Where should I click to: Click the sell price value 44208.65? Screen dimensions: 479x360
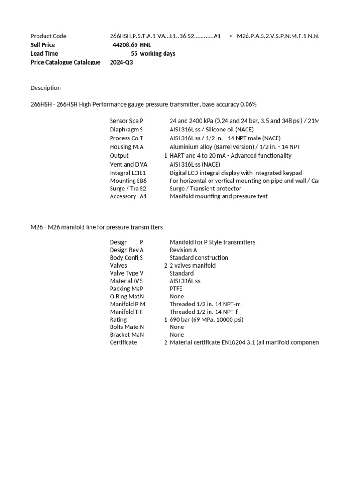(x=125, y=45)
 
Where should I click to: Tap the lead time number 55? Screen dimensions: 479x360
(x=134, y=54)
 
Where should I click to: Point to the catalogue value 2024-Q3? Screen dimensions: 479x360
(x=121, y=62)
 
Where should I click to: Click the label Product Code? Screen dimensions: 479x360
(x=48, y=36)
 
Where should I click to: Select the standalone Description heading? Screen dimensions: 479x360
(x=45, y=88)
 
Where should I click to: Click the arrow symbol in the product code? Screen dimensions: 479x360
(x=229, y=36)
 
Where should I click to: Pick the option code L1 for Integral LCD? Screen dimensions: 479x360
(x=143, y=173)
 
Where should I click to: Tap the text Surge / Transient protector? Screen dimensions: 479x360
(x=205, y=189)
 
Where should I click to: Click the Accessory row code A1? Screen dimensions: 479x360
(x=143, y=196)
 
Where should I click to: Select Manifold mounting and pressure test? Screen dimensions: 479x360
(x=218, y=196)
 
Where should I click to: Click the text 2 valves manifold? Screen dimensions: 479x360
(x=193, y=266)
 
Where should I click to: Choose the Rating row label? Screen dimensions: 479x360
(x=118, y=319)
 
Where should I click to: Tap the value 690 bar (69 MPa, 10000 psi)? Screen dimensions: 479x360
(x=206, y=319)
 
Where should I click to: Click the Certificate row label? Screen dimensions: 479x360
(x=123, y=342)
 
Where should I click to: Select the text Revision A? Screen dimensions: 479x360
(x=183, y=250)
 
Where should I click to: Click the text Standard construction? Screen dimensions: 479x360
(x=199, y=258)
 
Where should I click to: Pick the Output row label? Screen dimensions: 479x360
(x=119, y=156)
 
